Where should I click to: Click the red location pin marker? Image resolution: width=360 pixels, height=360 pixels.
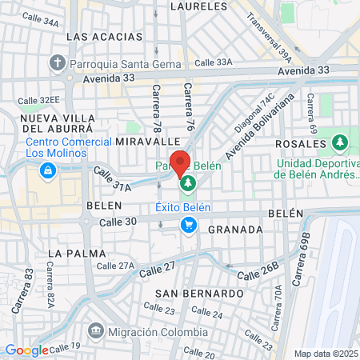tap(180, 162)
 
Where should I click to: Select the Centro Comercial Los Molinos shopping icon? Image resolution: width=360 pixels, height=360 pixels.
tap(49, 170)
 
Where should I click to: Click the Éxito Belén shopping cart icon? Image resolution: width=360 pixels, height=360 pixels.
tap(189, 225)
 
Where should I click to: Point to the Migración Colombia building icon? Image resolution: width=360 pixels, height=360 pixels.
tap(96, 330)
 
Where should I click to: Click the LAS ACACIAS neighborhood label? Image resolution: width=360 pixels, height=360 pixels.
tap(98, 37)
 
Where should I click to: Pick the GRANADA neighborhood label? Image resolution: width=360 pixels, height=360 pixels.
tap(235, 230)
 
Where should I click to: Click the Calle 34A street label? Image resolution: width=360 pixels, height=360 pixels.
tap(40, 23)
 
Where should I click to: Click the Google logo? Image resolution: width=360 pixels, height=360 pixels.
tap(26, 350)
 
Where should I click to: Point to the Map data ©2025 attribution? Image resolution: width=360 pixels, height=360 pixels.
tap(326, 354)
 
